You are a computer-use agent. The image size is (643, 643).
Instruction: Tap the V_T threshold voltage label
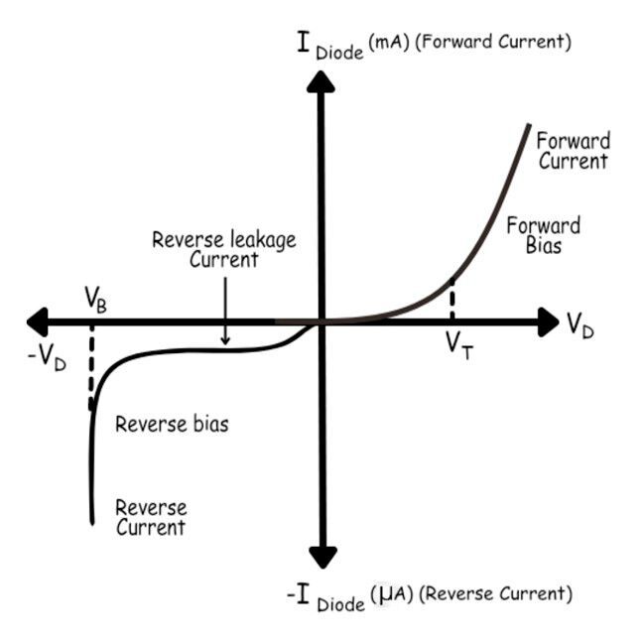458,344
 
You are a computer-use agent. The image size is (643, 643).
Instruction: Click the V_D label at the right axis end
580,324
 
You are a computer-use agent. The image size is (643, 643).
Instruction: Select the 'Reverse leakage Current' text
223,249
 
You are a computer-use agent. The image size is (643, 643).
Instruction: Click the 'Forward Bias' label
543,234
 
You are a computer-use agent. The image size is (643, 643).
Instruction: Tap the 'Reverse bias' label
172,425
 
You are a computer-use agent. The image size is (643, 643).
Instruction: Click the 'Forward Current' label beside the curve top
573,150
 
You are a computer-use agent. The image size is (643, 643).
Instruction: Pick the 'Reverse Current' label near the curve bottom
151,516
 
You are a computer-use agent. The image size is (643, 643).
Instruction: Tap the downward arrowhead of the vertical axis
320,557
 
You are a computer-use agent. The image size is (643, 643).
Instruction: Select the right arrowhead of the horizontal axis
547,321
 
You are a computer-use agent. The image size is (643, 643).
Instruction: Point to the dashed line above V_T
451,300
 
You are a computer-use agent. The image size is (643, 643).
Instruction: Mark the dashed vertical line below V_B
91,367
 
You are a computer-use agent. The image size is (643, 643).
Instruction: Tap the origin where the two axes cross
320,321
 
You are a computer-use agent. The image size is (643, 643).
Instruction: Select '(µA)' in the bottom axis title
389,593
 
